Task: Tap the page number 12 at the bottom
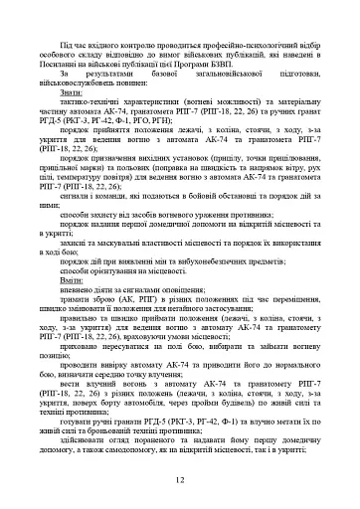coord(180,480)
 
